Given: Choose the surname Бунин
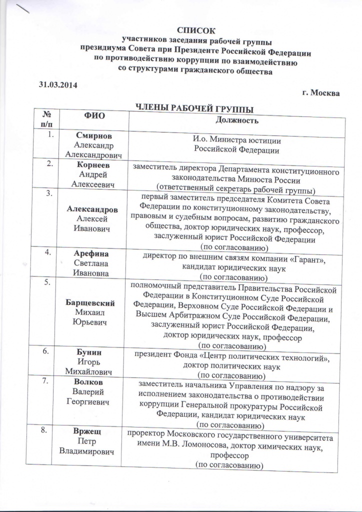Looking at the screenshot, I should click(90, 351).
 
